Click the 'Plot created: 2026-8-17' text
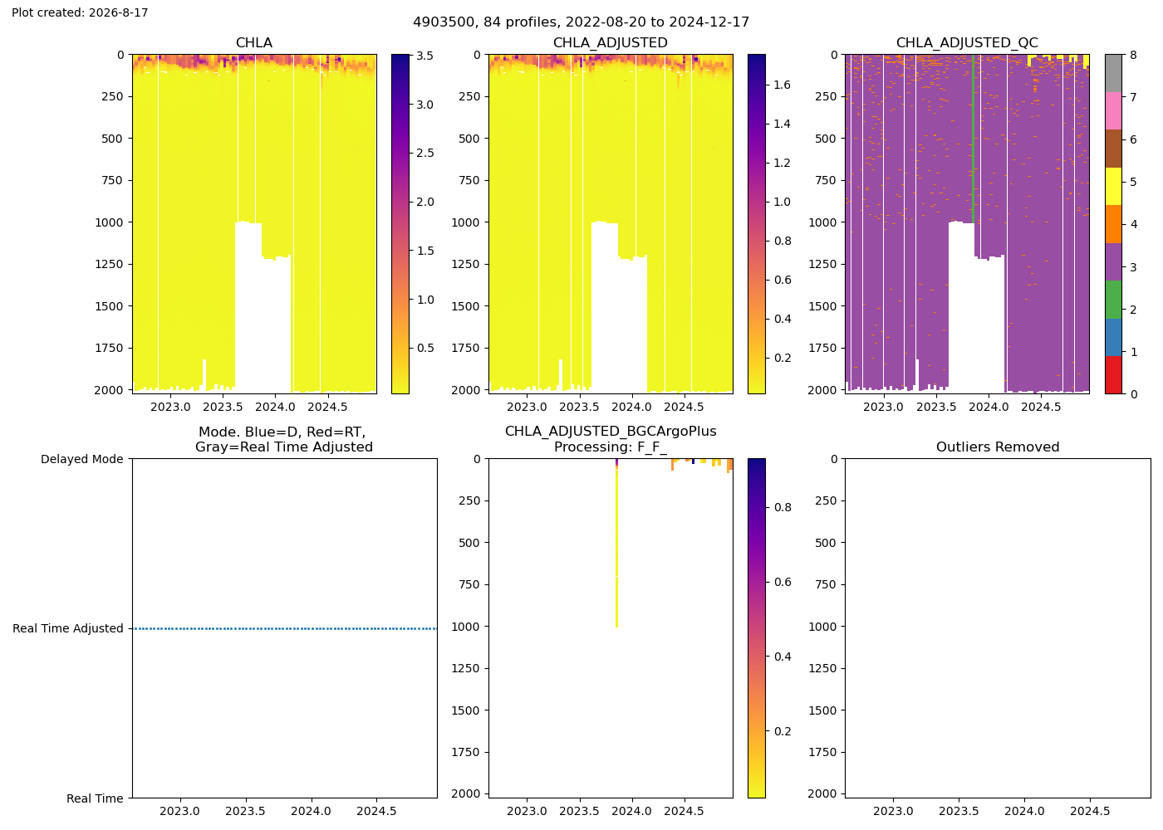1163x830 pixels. [x=80, y=12]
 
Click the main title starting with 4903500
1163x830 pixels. [x=581, y=22]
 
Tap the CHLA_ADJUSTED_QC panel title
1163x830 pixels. [x=967, y=42]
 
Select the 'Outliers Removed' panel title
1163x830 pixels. [x=998, y=447]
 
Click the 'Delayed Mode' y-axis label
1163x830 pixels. [x=82, y=459]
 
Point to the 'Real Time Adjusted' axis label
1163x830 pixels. [x=68, y=629]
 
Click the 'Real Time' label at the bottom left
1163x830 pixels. [x=95, y=798]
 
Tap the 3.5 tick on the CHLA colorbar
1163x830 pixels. [x=424, y=56]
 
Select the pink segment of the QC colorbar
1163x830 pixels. [x=1113, y=111]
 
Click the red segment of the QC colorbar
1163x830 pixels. [x=1113, y=375]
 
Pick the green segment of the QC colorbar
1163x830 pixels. [x=1113, y=300]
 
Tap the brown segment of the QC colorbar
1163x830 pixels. [x=1113, y=149]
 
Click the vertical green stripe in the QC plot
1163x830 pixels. [x=973, y=139]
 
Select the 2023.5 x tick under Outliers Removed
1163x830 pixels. [x=959, y=811]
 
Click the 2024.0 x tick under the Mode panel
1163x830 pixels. [x=311, y=811]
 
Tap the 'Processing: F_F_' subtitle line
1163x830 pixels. [x=611, y=447]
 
